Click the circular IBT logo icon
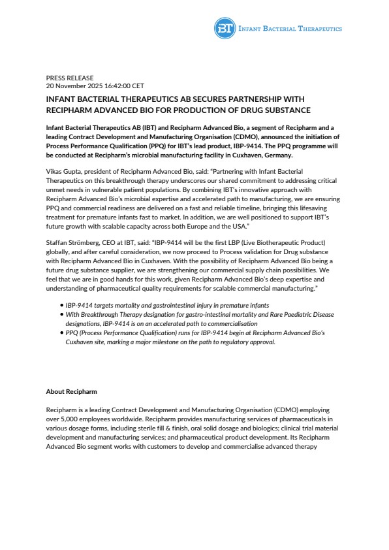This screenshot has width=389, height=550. point(223,28)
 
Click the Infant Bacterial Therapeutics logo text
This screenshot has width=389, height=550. point(288,29)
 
